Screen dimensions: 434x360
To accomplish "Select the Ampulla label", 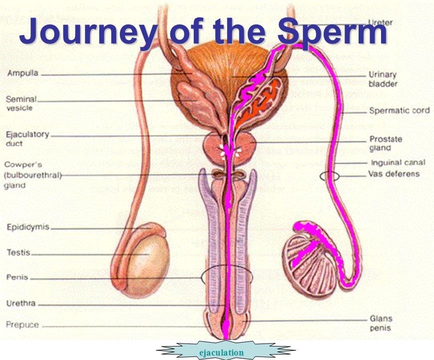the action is pyautogui.click(x=23, y=73).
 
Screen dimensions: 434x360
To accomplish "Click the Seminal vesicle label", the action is pyautogui.click(x=21, y=103).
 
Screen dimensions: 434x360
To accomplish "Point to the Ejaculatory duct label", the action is pyautogui.click(x=27, y=138).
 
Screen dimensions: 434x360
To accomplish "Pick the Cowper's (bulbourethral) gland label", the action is pyautogui.click(x=31, y=174).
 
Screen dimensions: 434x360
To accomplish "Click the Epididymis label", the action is pyautogui.click(x=28, y=227).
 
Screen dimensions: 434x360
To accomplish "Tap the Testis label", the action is pyautogui.click(x=18, y=252).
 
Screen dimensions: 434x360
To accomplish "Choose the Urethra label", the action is pyautogui.click(x=20, y=303).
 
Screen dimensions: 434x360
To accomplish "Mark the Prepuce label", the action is pyautogui.click(x=22, y=324).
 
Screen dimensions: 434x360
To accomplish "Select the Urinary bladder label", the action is pyautogui.click(x=383, y=79).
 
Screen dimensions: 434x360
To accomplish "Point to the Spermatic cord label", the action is pyautogui.click(x=399, y=110).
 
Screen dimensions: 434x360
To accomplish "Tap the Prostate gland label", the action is pyautogui.click(x=386, y=143).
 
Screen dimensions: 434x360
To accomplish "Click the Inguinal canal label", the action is pyautogui.click(x=398, y=162).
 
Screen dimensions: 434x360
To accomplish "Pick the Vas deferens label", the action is pyautogui.click(x=394, y=174).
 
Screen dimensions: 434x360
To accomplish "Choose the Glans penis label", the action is pyautogui.click(x=381, y=323).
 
